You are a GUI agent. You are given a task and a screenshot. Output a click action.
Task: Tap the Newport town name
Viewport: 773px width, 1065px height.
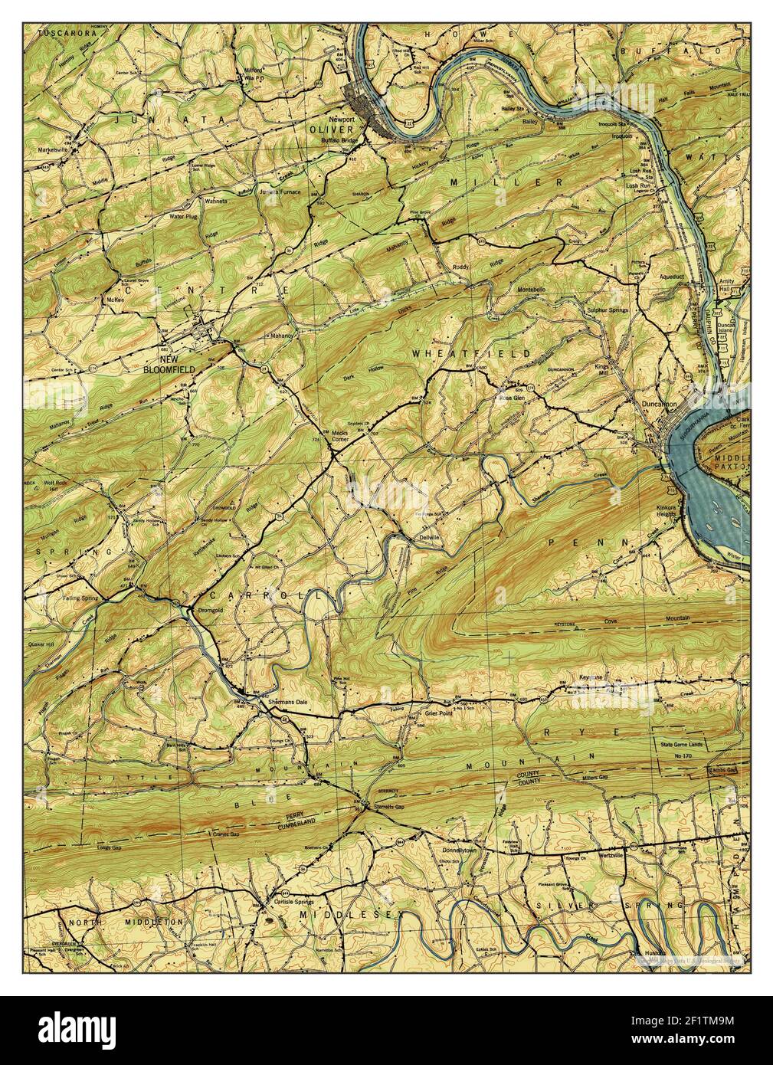point(342,120)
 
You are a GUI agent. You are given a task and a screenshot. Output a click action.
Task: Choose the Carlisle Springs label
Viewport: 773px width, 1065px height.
point(293,902)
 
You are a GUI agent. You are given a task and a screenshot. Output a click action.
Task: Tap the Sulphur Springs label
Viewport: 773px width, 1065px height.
point(606,310)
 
